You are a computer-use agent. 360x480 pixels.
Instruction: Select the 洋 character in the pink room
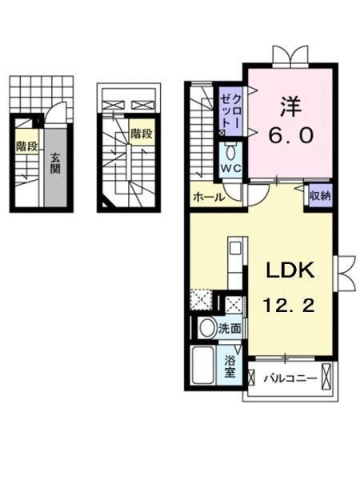coord(289,106)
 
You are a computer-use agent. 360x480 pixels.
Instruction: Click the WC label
coord(230,168)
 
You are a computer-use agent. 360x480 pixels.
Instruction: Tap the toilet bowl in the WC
coord(230,152)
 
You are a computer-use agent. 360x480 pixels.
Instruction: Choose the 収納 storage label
coord(320,195)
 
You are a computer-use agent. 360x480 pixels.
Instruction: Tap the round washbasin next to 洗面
coord(206,327)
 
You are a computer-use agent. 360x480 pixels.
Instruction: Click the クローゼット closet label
coord(230,110)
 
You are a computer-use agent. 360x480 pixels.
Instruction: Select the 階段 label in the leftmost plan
coord(26,146)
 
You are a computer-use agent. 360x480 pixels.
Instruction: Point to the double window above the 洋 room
coord(288,54)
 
